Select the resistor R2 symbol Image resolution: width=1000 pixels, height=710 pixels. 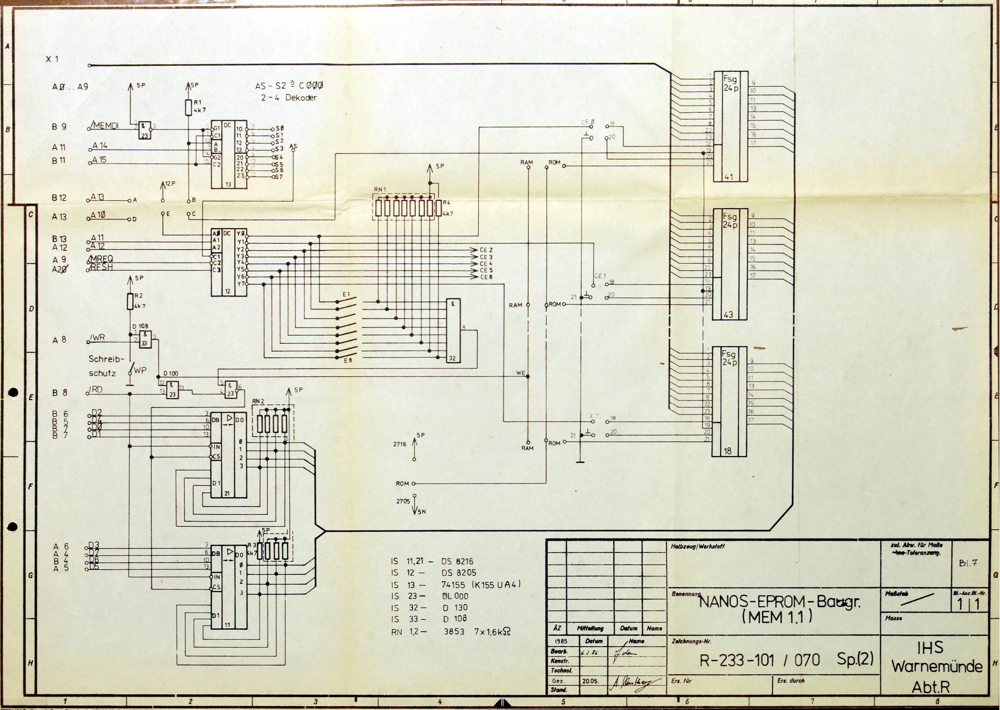tap(130, 301)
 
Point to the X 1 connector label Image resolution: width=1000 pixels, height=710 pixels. tap(52, 59)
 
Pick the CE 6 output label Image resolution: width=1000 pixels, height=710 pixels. tap(486, 277)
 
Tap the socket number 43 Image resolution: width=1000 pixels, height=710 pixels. tap(728, 314)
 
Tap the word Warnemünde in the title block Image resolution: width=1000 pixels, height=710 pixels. tap(937, 667)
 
